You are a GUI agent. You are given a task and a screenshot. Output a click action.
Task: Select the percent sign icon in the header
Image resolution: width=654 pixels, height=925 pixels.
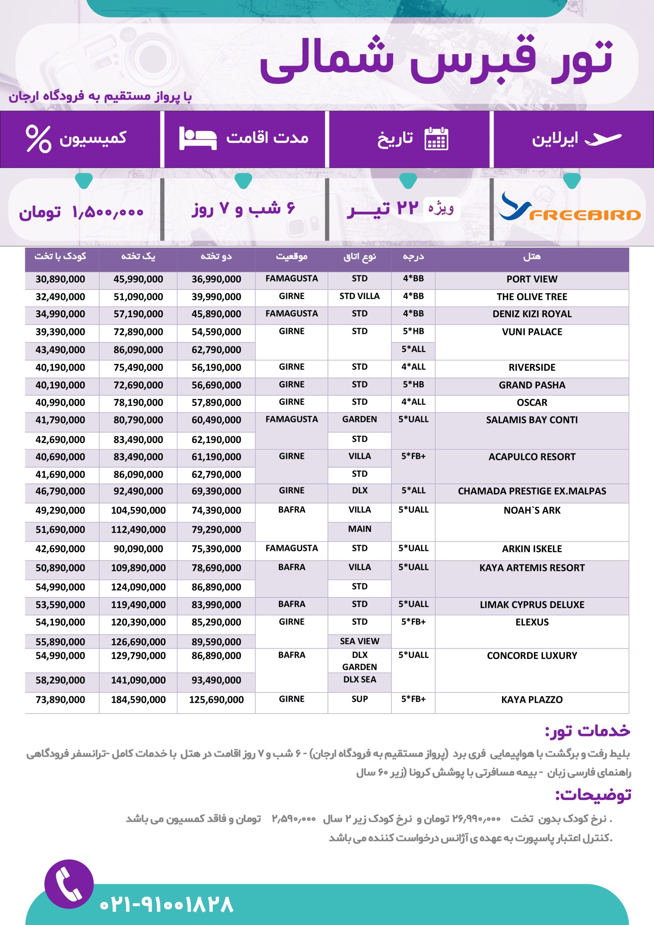(38, 139)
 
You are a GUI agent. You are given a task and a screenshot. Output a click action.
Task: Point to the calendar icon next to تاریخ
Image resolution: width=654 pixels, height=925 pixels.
(436, 139)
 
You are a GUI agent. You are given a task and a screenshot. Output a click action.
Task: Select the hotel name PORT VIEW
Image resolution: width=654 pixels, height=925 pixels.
(532, 279)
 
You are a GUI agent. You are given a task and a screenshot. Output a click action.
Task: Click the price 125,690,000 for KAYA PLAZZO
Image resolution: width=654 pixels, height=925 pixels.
(216, 700)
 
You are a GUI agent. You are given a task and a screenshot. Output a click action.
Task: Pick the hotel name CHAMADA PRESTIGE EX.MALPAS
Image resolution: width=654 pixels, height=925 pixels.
(532, 491)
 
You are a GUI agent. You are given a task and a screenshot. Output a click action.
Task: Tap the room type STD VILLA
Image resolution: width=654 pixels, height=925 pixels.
(360, 296)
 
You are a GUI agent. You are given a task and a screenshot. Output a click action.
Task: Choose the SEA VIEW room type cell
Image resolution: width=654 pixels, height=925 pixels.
(360, 641)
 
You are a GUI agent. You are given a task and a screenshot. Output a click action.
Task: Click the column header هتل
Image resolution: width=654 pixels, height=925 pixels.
(532, 257)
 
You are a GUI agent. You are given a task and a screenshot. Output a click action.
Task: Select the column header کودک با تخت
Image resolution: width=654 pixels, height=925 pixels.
(60, 256)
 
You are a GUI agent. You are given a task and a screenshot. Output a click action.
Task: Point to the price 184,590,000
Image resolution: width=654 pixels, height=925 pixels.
(138, 700)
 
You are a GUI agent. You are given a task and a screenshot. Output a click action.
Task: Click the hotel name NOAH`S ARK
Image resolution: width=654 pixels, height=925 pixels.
(532, 511)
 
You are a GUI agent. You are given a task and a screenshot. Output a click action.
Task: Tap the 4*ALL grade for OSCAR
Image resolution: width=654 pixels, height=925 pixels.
(413, 402)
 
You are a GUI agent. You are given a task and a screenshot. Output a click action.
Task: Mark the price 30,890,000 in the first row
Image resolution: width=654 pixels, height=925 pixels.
(60, 279)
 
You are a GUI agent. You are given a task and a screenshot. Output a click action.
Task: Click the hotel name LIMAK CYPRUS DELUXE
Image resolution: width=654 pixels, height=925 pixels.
(532, 605)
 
